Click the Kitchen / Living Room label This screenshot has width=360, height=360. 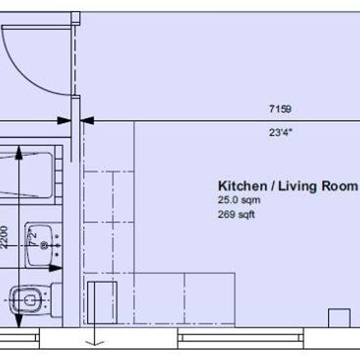pyautogui.click(x=288, y=186)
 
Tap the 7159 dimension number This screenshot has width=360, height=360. pyautogui.click(x=280, y=109)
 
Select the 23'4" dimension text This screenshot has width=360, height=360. pyautogui.click(x=281, y=132)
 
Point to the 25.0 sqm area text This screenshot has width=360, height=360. pyautogui.click(x=239, y=200)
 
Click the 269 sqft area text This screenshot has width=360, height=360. pyautogui.click(x=236, y=215)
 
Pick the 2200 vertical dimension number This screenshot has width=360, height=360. pyautogui.click(x=5, y=238)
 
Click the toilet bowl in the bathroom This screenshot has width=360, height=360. pyautogui.click(x=26, y=300)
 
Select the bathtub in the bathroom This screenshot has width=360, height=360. pyautogui.click(x=31, y=175)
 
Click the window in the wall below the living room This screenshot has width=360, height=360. pyautogui.click(x=241, y=338)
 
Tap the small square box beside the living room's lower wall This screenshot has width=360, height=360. pyautogui.click(x=339, y=318)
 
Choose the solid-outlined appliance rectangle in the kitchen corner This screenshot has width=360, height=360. pyautogui.click(x=102, y=302)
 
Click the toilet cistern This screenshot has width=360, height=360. pyautogui.click(x=57, y=300)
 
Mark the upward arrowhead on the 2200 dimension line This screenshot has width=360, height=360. pyautogui.click(x=19, y=153)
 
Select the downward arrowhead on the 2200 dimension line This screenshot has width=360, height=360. pyautogui.click(x=19, y=320)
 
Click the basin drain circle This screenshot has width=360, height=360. pyautogui.click(x=44, y=245)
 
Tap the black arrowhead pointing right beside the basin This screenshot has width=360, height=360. pyautogui.click(x=56, y=268)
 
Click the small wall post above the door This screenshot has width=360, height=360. pyautogui.click(x=75, y=18)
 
